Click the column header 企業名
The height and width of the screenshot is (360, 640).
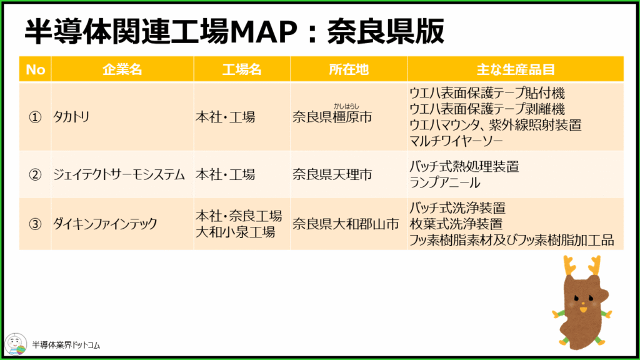[x=122, y=69]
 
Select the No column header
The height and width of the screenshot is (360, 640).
[x=35, y=69]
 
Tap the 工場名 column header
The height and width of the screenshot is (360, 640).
[x=242, y=69]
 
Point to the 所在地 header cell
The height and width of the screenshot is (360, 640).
[x=349, y=69]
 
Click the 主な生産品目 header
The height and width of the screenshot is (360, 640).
[x=516, y=69]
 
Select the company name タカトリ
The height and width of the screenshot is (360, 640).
[x=71, y=117]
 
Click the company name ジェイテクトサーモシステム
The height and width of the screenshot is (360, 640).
[x=119, y=175]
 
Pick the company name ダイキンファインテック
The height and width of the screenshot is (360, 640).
[x=105, y=224]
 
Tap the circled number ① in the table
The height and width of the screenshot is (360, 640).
[x=35, y=117]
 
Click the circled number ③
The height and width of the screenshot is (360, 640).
[x=35, y=224]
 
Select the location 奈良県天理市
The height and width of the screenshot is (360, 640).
[x=332, y=175]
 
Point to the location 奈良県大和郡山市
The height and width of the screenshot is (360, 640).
[x=346, y=224]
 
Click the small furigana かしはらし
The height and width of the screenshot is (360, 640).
[x=346, y=106]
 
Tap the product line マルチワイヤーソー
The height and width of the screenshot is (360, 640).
[x=456, y=141]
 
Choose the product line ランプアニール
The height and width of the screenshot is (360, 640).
[x=444, y=183]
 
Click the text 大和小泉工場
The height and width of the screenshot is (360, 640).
[x=235, y=232]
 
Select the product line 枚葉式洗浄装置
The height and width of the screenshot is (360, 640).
[x=456, y=224]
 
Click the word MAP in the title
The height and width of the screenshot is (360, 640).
[x=263, y=32]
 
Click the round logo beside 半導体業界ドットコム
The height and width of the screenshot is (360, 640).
[x=16, y=344]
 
